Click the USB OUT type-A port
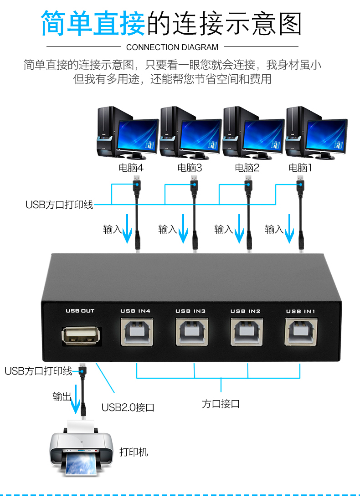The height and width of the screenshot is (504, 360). click(x=81, y=336)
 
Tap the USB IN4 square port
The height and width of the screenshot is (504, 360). click(x=137, y=332)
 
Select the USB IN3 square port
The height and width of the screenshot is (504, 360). click(x=192, y=332)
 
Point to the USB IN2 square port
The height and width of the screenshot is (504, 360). click(x=247, y=332)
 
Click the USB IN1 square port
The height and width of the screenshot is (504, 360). click(x=301, y=332)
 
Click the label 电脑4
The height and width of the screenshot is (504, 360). click(x=131, y=167)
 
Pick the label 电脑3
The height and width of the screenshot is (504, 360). click(x=190, y=167)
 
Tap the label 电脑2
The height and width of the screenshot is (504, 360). click(x=247, y=167)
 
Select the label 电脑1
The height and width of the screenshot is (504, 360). click(x=300, y=167)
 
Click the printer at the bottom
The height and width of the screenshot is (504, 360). click(x=81, y=448)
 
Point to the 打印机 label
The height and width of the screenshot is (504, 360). click(x=134, y=452)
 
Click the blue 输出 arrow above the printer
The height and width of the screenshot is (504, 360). click(x=76, y=399)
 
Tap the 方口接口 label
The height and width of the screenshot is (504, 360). click(x=221, y=404)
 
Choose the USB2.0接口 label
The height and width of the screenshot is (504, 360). click(x=128, y=407)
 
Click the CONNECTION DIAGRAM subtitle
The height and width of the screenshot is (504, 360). click(x=172, y=47)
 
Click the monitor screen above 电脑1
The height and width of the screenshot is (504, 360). click(x=326, y=135)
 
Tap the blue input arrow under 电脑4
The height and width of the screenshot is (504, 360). click(x=127, y=229)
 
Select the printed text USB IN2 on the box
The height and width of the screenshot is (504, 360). click(x=246, y=311)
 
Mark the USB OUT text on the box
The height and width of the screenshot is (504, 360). click(x=80, y=311)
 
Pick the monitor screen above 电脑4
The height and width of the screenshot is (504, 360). click(x=138, y=135)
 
